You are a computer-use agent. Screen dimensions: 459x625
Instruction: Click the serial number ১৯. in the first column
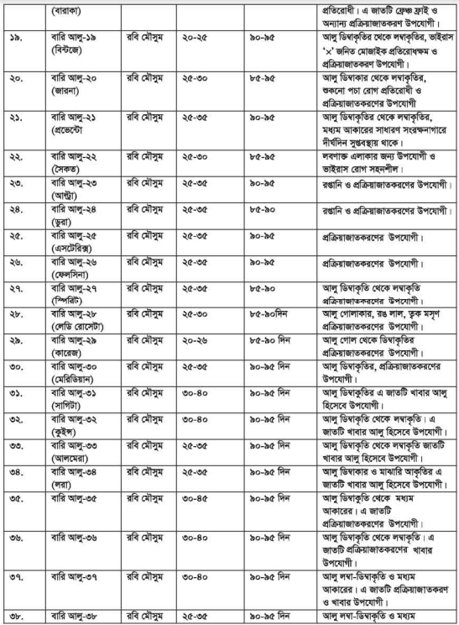point(17,39)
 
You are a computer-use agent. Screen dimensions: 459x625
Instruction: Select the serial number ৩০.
point(17,366)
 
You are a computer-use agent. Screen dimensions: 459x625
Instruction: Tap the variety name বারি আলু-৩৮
point(76,617)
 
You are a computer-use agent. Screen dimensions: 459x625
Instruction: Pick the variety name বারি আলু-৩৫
point(76,500)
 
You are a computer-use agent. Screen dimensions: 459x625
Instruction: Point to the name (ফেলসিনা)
point(72,275)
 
